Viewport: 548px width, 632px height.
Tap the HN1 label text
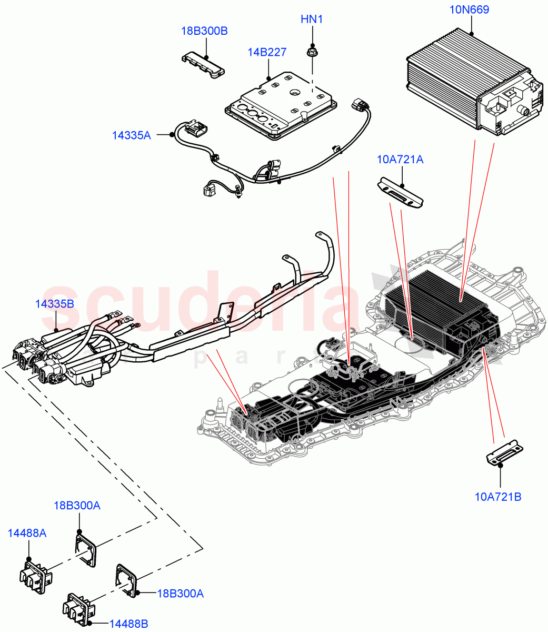[x=312, y=19]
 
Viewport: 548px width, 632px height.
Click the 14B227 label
[x=267, y=52]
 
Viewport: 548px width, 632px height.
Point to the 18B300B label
[x=204, y=31]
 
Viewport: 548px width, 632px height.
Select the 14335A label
[x=131, y=135]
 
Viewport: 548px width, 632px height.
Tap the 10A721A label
[x=400, y=159]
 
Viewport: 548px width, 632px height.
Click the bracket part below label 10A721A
[x=401, y=193]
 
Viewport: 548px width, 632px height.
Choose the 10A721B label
[x=498, y=496]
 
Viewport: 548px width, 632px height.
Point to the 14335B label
[x=54, y=304]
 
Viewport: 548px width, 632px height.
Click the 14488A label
[x=27, y=534]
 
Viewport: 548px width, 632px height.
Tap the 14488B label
[x=128, y=624]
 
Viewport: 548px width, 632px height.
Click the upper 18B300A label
[x=77, y=506]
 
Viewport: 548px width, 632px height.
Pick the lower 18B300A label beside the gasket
[x=180, y=594]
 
